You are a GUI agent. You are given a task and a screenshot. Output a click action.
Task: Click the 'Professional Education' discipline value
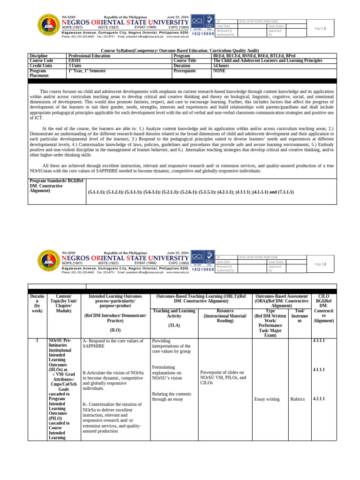click(x=89, y=55)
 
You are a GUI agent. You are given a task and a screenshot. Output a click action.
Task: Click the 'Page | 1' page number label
click(x=325, y=29)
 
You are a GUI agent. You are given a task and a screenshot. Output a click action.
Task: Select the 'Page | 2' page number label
click(x=325, y=264)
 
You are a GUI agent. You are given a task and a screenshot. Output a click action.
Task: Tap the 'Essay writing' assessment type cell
click(x=267, y=399)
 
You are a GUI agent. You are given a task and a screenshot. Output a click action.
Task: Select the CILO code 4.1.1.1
click(x=319, y=370)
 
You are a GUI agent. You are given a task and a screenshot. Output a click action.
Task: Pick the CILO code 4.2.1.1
click(x=319, y=398)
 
